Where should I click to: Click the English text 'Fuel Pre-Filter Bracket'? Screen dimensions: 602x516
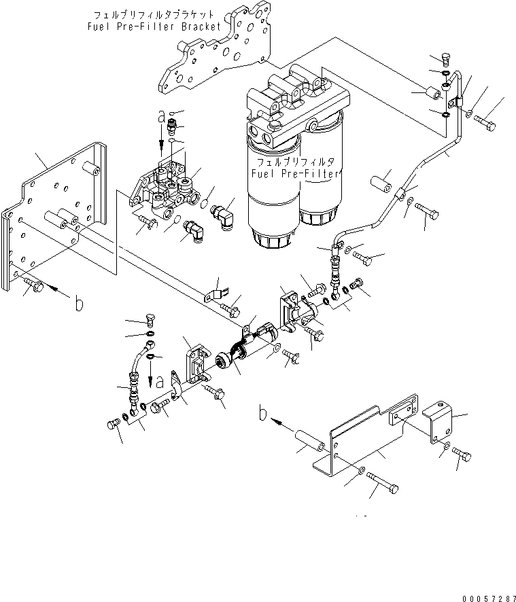pos(155,26)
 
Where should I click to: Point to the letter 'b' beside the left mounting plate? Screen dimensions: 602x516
pos(80,306)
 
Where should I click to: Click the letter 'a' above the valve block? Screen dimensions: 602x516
pos(161,118)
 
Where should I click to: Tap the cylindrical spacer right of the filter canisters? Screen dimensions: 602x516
pos(383,184)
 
